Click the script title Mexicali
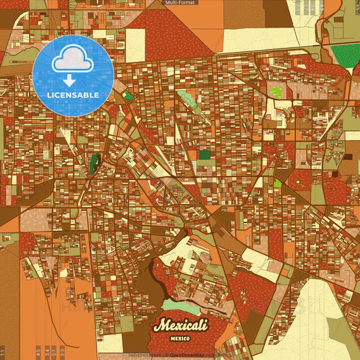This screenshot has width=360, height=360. (180, 325)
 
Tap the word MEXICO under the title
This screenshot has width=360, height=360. (180, 337)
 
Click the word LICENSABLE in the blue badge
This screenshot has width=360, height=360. (73, 95)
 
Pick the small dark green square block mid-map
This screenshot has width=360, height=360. (205, 154)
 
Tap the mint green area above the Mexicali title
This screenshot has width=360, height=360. (181, 307)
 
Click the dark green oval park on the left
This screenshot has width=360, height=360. (95, 161)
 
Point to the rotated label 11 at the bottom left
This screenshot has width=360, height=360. (3, 352)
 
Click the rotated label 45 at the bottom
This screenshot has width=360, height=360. (38, 351)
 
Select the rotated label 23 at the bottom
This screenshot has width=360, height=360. (62, 351)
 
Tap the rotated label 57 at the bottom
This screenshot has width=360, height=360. (54, 351)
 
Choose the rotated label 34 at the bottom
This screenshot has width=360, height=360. (46, 351)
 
